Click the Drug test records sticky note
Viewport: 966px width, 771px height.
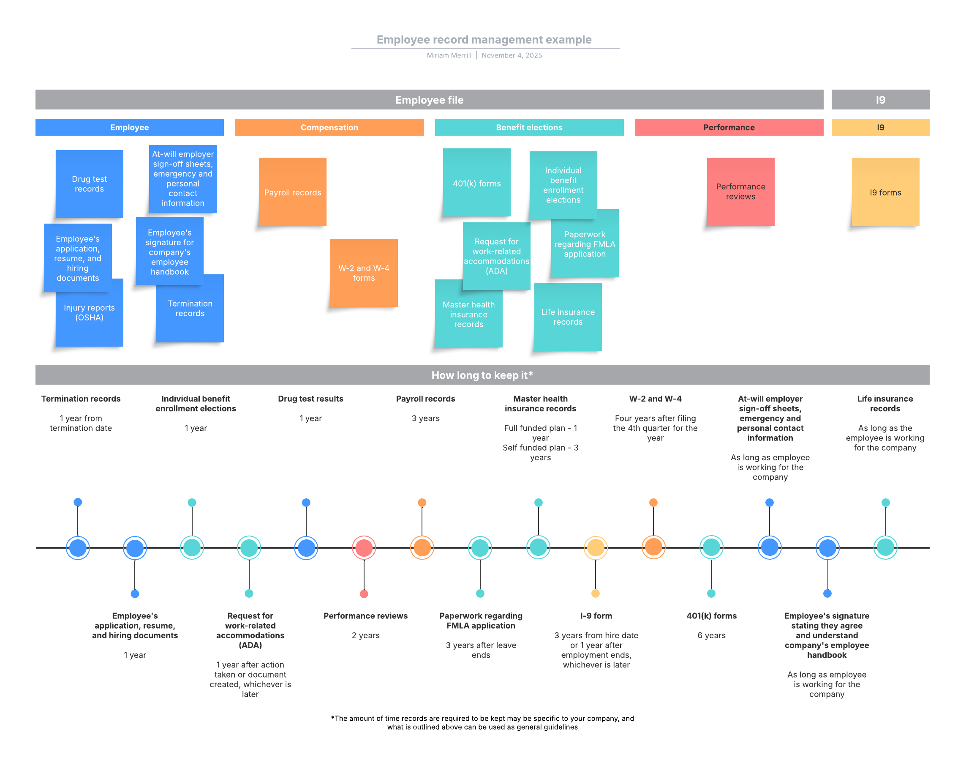(89, 184)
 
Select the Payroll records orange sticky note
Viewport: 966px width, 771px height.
(293, 192)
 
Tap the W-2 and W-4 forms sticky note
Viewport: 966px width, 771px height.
(364, 273)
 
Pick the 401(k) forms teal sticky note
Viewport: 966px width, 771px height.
(477, 183)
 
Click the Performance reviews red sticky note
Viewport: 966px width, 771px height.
(740, 191)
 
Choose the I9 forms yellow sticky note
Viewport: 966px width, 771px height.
(885, 192)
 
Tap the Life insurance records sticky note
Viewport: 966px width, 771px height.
(568, 317)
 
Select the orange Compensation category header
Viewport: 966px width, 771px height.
(329, 127)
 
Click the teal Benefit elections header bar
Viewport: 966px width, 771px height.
(529, 127)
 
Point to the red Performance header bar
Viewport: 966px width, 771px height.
(729, 127)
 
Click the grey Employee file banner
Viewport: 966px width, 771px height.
(429, 99)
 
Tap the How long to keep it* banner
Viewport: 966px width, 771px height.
(482, 375)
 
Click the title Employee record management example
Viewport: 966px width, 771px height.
(484, 39)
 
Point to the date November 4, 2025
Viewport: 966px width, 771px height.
(512, 55)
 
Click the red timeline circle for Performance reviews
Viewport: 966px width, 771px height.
(364, 547)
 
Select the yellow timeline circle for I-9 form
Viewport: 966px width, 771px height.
(596, 547)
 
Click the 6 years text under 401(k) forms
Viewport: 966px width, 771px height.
(711, 635)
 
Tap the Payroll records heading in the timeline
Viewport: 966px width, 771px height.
(425, 399)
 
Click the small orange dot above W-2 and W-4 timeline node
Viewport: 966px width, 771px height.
(653, 503)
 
